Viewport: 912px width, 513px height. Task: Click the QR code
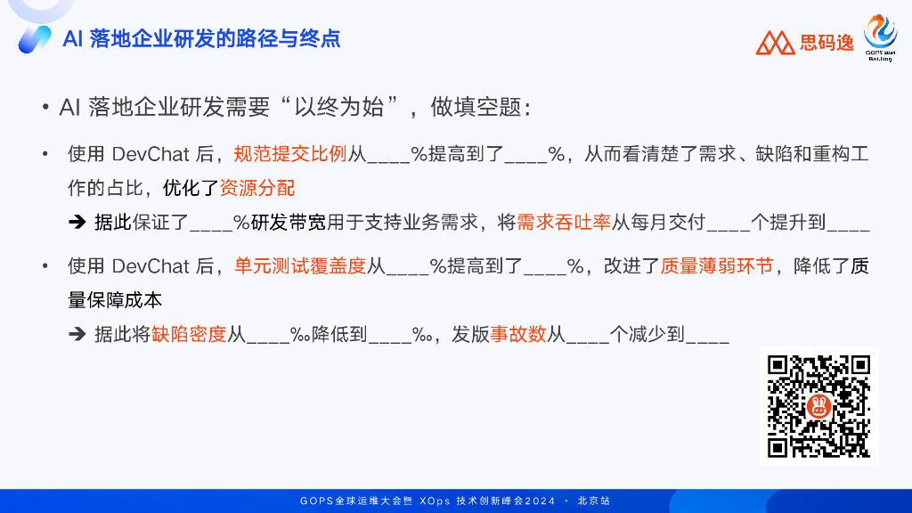click(x=819, y=406)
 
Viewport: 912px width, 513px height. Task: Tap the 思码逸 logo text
click(x=826, y=43)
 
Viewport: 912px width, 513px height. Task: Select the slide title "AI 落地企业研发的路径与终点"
click(x=201, y=38)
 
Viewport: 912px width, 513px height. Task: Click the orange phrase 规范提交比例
click(x=290, y=154)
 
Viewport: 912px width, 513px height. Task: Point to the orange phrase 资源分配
click(x=257, y=188)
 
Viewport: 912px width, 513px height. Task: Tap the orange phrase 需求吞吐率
click(x=564, y=222)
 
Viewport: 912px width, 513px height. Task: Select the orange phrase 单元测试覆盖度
click(x=300, y=265)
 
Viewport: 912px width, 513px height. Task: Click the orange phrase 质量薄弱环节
click(x=717, y=265)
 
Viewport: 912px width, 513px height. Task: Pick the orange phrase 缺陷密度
click(x=189, y=334)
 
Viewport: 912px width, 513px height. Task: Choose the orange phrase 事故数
click(x=518, y=334)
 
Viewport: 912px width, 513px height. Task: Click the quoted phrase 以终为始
click(x=338, y=107)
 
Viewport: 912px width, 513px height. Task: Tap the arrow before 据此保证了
click(x=77, y=222)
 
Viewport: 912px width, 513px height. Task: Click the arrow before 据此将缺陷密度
click(x=77, y=334)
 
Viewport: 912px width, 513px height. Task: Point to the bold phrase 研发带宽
click(x=289, y=222)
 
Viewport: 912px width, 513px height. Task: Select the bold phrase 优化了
click(x=191, y=188)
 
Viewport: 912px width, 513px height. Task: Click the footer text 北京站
click(x=593, y=501)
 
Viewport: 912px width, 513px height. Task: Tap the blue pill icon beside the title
click(x=35, y=39)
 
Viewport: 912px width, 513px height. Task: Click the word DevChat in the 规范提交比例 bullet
click(x=151, y=154)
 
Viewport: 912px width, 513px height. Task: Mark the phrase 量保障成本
click(x=115, y=300)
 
